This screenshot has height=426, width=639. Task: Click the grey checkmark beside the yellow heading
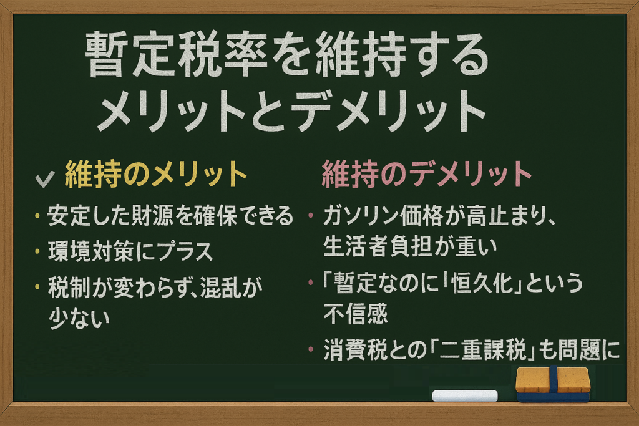[45, 178]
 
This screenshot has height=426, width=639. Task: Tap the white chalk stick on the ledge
[465, 395]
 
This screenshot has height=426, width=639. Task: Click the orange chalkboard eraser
[553, 384]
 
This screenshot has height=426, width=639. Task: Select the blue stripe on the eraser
[553, 380]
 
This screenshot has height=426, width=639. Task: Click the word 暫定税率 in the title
[175, 55]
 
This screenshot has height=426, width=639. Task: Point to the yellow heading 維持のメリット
[155, 174]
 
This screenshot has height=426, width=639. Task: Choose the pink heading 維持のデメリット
[426, 174]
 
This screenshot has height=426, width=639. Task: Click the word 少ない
[79, 317]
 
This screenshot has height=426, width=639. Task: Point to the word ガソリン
[360, 215]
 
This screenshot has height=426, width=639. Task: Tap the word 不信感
[355, 314]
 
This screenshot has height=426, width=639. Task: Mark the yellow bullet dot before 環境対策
[37, 251]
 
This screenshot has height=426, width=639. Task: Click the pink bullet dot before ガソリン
[311, 215]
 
